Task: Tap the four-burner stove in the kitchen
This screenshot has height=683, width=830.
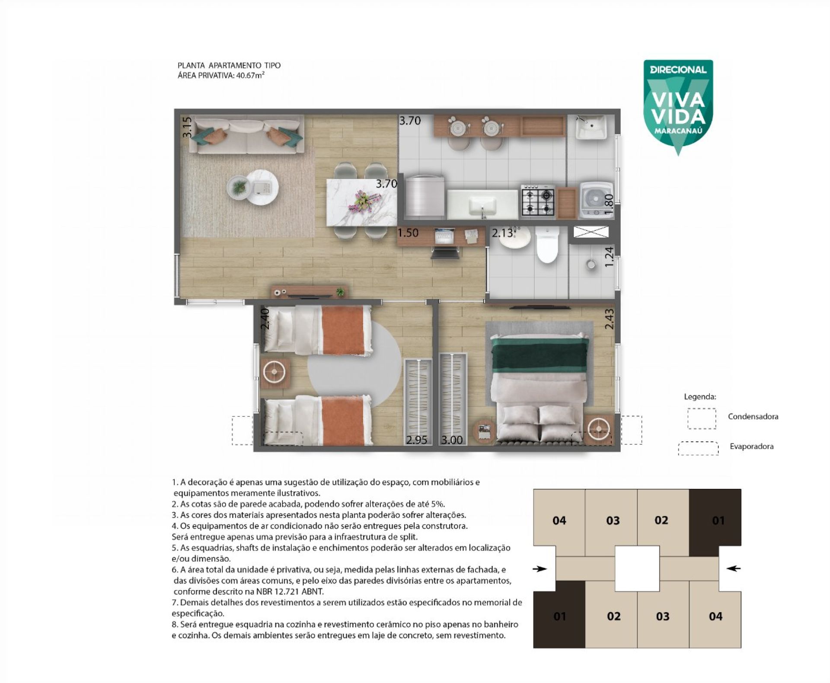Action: [538, 201]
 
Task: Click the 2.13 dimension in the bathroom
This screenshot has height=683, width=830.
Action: [502, 233]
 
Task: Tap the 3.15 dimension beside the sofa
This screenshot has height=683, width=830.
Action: [186, 128]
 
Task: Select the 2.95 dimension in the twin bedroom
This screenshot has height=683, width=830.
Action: [416, 440]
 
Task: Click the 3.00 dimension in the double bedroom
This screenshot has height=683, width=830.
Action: [452, 440]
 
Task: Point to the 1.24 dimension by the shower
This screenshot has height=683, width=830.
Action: [609, 256]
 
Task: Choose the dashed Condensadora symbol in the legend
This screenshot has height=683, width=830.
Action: [702, 418]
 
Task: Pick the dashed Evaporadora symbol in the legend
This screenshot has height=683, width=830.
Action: [698, 448]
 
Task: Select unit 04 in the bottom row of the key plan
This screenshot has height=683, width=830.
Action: [715, 616]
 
